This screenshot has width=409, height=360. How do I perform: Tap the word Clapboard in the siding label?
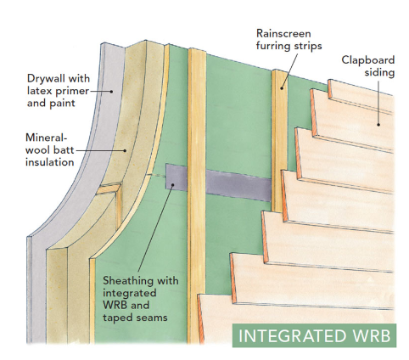[x=369, y=60]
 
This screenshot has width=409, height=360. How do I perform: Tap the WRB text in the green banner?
[x=370, y=335]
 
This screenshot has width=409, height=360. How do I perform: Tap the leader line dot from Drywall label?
[x=110, y=91]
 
